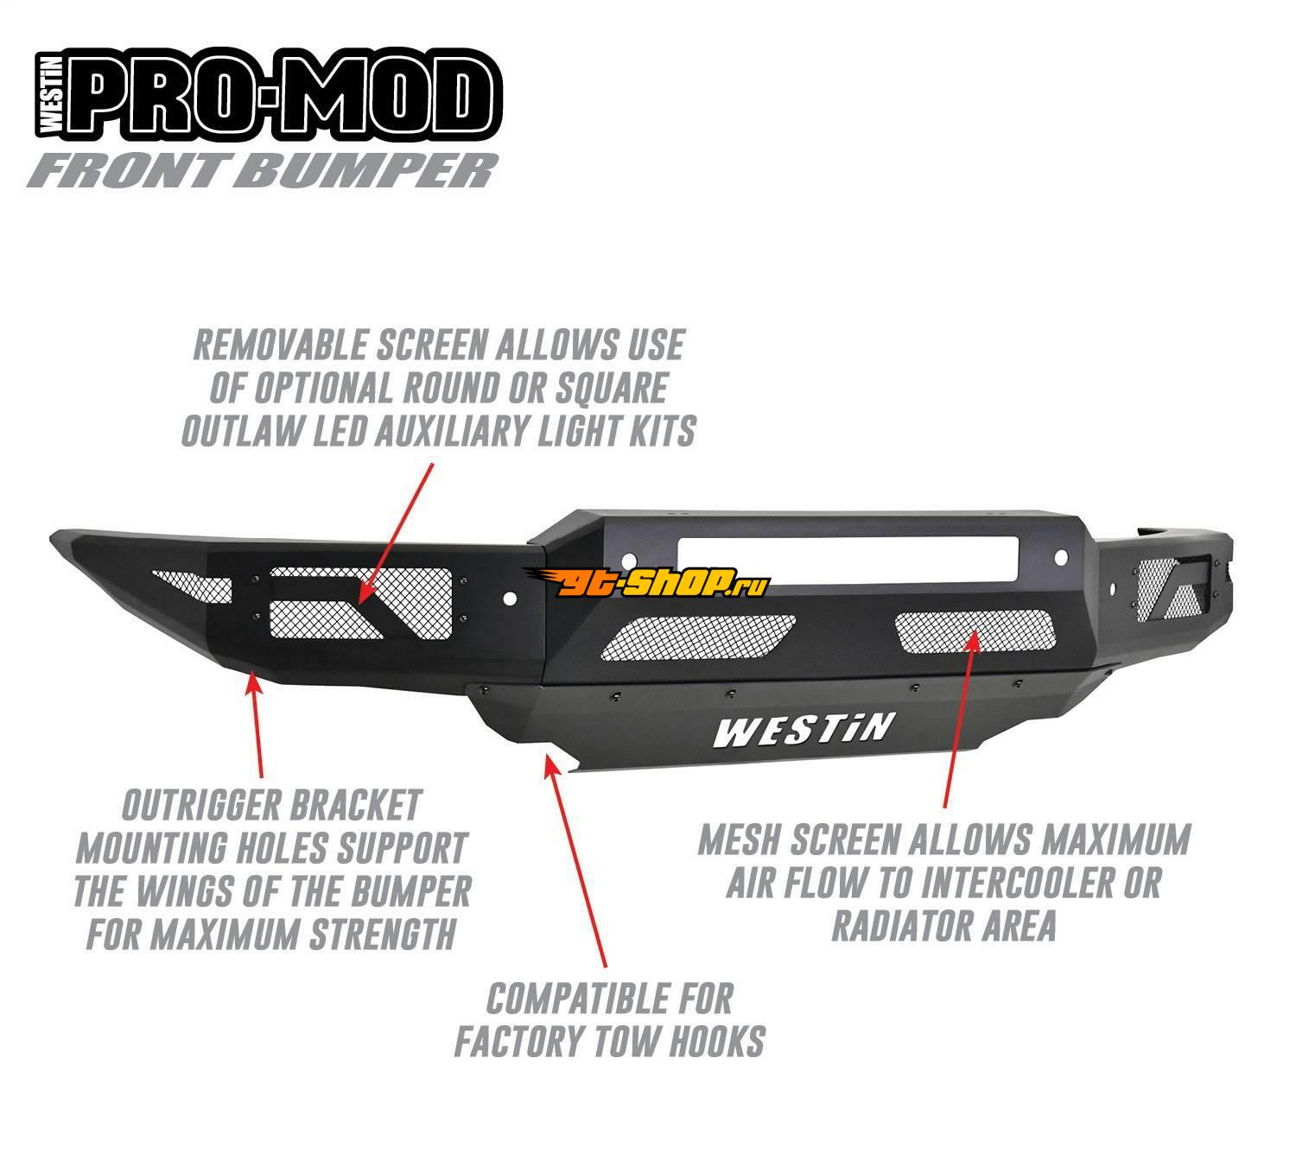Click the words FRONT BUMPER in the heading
[x=264, y=170]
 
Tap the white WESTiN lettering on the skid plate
[x=801, y=730]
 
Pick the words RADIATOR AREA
[x=943, y=926]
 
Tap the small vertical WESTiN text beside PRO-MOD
[x=51, y=97]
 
